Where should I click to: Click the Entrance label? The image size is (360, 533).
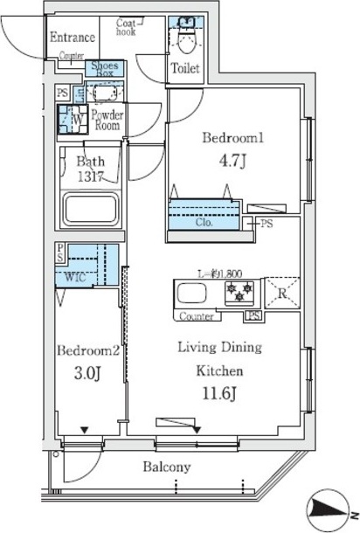pos(73,37)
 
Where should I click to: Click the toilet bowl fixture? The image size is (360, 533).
pos(185,37)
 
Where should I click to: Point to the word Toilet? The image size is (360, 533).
pos(185,68)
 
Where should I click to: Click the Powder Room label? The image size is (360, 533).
pos(107,120)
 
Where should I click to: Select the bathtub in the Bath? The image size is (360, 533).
pos(90,211)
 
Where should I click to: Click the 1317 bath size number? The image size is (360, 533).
pos(89,175)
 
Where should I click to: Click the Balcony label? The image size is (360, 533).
pos(166,467)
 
